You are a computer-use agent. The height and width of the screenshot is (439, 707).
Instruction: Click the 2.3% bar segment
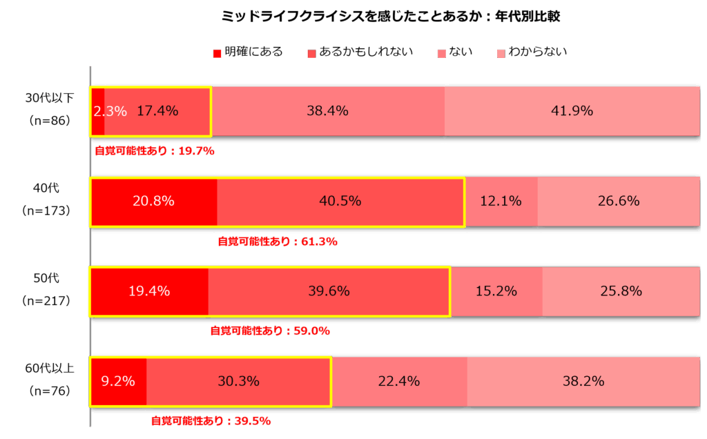(x=97, y=111)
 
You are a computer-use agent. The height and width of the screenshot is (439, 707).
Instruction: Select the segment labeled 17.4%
(x=157, y=111)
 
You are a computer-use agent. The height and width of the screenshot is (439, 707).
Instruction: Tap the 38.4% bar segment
(x=327, y=111)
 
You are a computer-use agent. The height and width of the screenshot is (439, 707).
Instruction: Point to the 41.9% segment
(x=572, y=111)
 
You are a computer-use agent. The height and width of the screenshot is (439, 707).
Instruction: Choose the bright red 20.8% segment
(x=153, y=202)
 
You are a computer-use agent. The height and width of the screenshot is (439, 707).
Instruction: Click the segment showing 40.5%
(x=340, y=202)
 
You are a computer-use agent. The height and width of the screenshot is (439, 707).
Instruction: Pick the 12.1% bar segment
(x=501, y=202)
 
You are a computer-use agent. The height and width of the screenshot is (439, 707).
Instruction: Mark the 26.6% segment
(x=618, y=202)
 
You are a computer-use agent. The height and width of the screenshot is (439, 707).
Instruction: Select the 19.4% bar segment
(x=149, y=291)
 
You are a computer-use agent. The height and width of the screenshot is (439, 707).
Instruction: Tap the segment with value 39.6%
(x=329, y=291)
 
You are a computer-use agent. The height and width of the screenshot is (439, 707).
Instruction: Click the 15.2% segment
(x=496, y=291)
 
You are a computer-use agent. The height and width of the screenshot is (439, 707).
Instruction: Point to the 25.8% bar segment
(x=621, y=291)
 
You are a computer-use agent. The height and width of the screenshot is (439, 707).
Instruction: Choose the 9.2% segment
(x=118, y=381)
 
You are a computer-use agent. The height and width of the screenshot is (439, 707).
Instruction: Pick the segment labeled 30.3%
(x=238, y=381)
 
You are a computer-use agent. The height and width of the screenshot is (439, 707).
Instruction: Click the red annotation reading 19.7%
(x=155, y=151)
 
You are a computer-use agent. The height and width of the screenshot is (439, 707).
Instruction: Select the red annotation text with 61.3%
(x=278, y=242)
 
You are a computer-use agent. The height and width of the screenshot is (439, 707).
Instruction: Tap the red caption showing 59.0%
(x=270, y=331)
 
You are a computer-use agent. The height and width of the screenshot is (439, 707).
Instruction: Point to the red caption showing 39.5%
(x=211, y=421)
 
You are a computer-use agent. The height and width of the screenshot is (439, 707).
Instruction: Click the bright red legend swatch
(x=217, y=54)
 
